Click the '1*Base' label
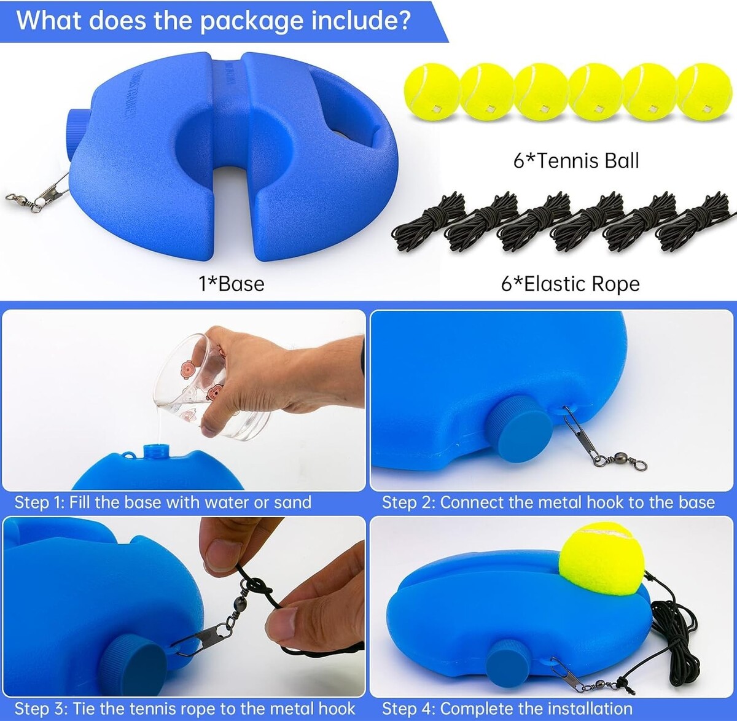pyautogui.click(x=232, y=284)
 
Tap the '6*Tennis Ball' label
pyautogui.click(x=576, y=160)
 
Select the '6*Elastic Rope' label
pyautogui.click(x=571, y=284)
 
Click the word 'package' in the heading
pyautogui.click(x=252, y=21)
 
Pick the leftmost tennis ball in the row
pyautogui.click(x=432, y=92)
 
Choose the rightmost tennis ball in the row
pyautogui.click(x=704, y=92)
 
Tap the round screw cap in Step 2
pyautogui.click(x=520, y=429)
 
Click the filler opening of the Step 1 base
pyautogui.click(x=155, y=452)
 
